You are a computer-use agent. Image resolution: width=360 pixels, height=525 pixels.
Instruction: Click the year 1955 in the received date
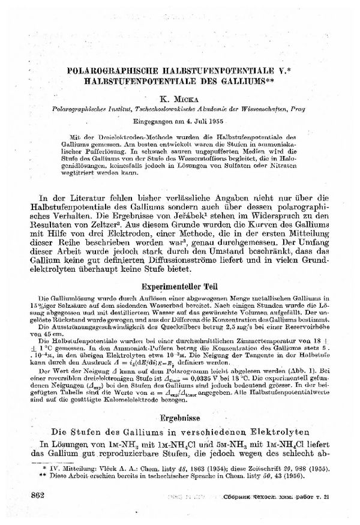pyautogui.click(x=214, y=121)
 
